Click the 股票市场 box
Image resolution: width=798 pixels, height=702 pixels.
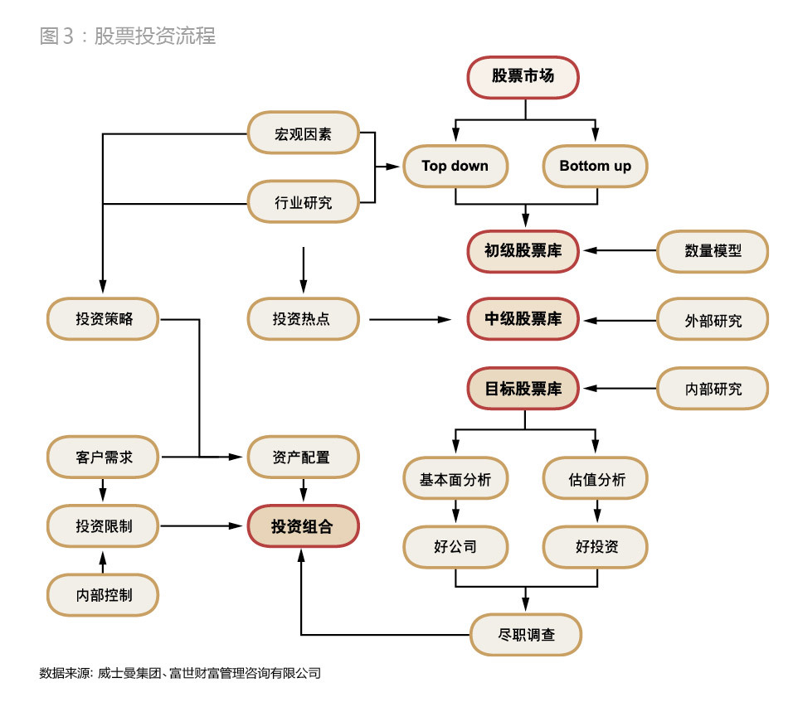(523, 77)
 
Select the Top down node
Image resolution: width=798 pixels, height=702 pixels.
(455, 166)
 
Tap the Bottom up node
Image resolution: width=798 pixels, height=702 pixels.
(595, 166)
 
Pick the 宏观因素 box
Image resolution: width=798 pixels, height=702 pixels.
(303, 133)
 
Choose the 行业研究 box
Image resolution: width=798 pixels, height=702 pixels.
(303, 201)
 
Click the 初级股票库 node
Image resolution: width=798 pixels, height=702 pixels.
(523, 250)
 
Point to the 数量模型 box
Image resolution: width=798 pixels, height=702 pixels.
(713, 250)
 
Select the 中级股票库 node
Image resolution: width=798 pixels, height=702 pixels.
(523, 319)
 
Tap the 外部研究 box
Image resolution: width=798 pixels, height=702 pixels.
(713, 319)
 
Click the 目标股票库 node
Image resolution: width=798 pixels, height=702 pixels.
(523, 388)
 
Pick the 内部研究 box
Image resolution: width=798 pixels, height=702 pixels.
(713, 388)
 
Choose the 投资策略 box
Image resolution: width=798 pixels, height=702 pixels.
(103, 319)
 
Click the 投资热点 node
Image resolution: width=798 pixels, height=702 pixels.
(303, 319)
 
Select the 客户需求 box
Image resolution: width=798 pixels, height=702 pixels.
(103, 457)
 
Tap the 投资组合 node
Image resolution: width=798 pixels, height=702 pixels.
(303, 525)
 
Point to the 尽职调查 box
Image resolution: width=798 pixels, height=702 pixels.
(526, 636)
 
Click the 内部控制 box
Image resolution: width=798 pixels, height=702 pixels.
(103, 594)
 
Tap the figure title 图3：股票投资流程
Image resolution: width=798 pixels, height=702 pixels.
(128, 36)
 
